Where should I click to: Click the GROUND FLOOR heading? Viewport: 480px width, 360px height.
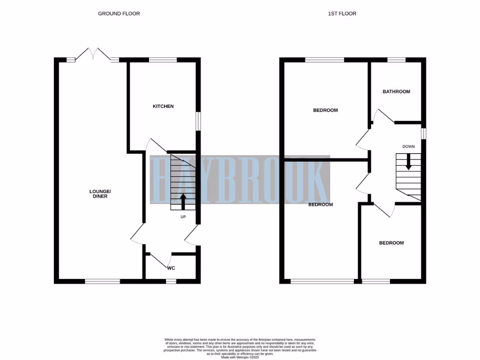119,14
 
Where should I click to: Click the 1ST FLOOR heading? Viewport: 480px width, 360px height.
342,14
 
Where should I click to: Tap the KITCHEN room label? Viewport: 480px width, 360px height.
163,106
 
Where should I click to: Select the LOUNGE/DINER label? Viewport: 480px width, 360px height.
100,194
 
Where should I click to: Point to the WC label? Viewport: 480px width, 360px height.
171,269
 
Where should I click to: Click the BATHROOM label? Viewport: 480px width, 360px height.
396,91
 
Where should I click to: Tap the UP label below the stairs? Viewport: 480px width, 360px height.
183,217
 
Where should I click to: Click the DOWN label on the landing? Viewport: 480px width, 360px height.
408,146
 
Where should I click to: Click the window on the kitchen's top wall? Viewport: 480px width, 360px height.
163,60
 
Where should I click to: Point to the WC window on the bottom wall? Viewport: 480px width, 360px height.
171,281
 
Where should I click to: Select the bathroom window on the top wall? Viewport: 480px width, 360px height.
396,60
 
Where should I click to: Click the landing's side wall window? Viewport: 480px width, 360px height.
423,134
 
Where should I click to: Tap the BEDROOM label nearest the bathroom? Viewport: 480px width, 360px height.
325,110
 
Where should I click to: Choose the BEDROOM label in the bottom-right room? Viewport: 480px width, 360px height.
391,243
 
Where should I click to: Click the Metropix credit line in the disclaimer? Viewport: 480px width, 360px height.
240,357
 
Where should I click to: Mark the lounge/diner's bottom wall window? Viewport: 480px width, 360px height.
102,281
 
